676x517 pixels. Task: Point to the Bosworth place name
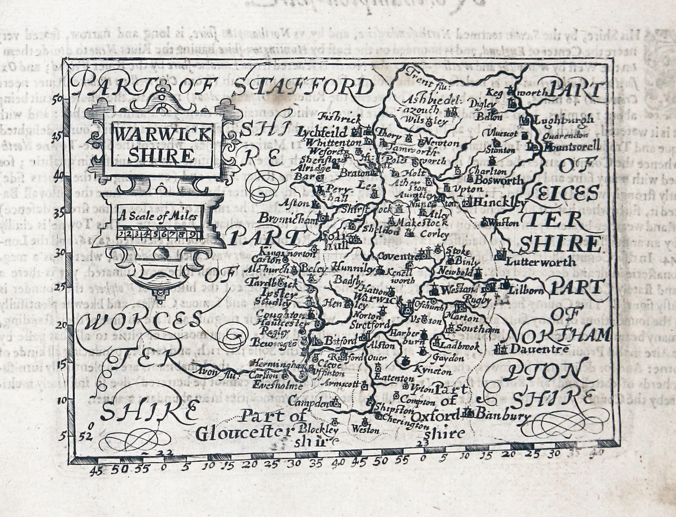point(499,180)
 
